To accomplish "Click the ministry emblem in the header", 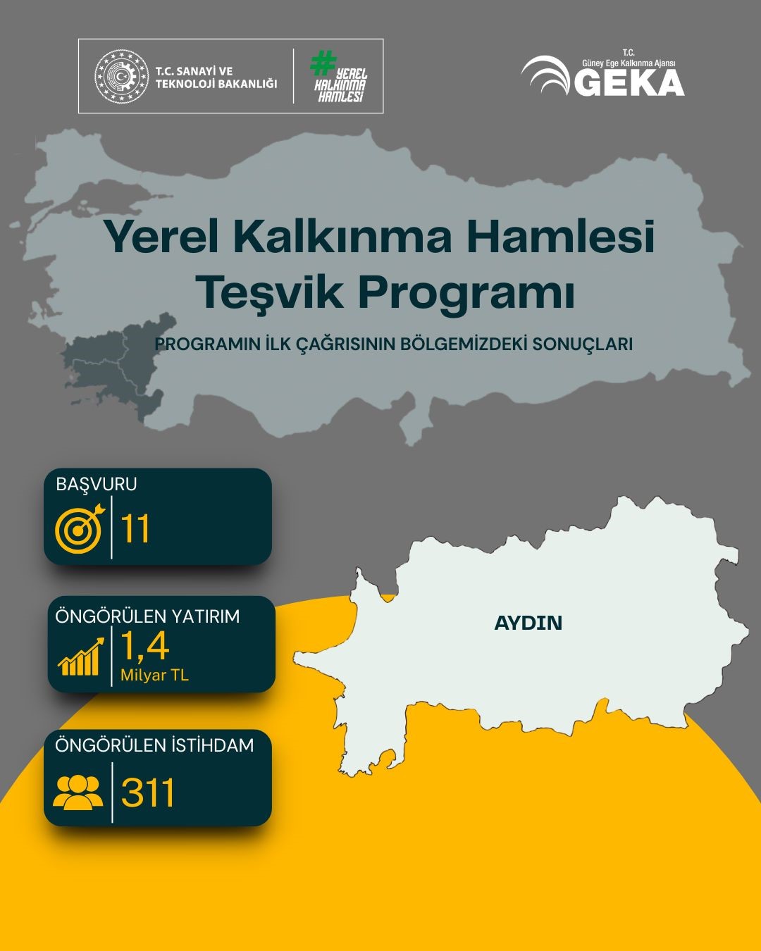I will [122, 76].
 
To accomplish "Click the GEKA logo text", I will [629, 83].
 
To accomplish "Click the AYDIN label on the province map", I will [528, 623].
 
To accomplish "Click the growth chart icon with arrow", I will [81, 657].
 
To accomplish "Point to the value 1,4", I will [145, 646].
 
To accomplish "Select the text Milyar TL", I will [154, 675].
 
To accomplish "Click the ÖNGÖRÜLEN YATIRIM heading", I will [148, 616].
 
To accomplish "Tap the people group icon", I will [78, 792].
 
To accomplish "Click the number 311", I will [148, 792].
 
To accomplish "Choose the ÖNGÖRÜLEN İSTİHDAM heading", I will [154, 745].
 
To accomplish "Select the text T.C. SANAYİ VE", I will [194, 71].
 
